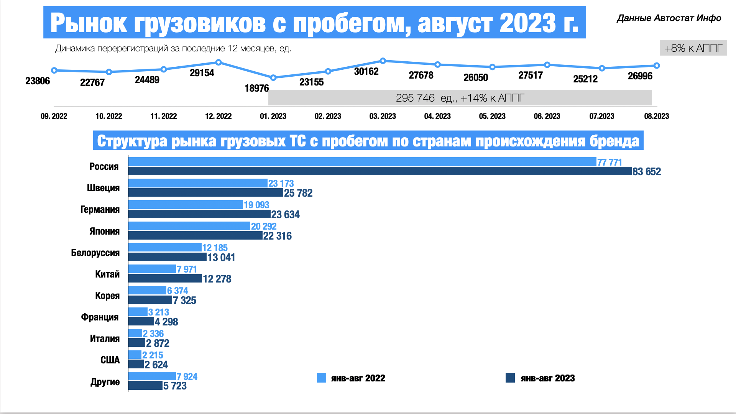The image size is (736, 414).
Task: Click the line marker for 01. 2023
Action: [x=273, y=78]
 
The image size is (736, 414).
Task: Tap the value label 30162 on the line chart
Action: [x=366, y=72]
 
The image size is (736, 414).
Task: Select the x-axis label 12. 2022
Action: [x=218, y=116]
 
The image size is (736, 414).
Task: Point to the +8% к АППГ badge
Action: [x=693, y=48]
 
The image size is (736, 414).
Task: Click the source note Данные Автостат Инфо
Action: [x=669, y=18]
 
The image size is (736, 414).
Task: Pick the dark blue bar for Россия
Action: [x=379, y=171]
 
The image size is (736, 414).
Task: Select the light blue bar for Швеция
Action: [x=198, y=183]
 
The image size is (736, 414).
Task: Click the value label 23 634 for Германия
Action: [x=285, y=214]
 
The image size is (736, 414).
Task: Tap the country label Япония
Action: [x=104, y=231]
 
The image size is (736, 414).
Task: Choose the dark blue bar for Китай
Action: [x=165, y=278]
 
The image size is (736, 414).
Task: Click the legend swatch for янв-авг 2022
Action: [x=321, y=378]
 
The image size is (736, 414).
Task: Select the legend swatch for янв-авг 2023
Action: [x=510, y=378]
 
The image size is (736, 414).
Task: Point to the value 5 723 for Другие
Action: [x=175, y=386]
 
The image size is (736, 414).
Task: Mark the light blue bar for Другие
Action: [x=152, y=376]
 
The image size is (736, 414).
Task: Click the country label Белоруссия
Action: [x=95, y=253]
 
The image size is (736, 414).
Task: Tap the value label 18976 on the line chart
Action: [x=256, y=89]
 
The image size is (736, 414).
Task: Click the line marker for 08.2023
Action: [x=657, y=66]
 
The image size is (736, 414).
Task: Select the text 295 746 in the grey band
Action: [x=415, y=98]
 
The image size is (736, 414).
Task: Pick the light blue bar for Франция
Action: [x=138, y=312]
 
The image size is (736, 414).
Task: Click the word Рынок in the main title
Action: [x=89, y=23]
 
